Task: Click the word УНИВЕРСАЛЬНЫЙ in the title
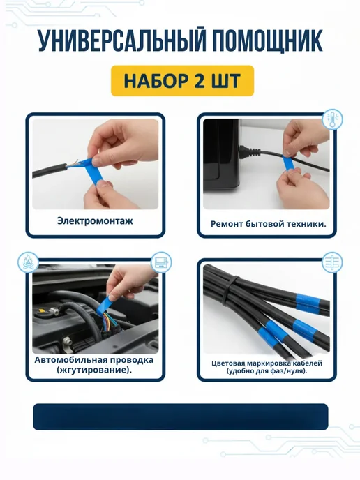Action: [122, 41]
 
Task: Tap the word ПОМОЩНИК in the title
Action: [267, 41]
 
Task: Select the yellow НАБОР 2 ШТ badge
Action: [182, 81]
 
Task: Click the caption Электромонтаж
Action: [95, 220]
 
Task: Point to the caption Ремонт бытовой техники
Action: [269, 224]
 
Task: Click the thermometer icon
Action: [332, 120]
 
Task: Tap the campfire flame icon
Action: [28, 262]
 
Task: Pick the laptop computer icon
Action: [161, 262]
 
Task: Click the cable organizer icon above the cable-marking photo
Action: [332, 262]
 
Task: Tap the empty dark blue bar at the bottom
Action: [181, 417]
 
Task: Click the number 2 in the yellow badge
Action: [199, 81]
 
